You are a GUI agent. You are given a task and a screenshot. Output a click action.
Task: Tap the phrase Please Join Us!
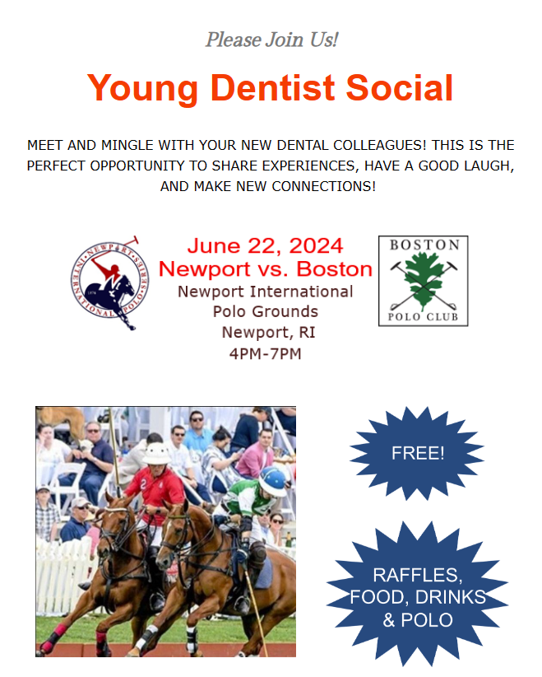click(271, 39)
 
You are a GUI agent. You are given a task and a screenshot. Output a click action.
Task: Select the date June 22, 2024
click(265, 245)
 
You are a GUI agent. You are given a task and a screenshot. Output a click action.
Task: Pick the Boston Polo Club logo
click(423, 281)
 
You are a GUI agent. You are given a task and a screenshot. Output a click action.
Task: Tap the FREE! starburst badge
click(418, 453)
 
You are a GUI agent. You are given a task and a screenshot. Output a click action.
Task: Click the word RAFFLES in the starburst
click(418, 575)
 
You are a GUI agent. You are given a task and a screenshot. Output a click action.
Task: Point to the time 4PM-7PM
click(265, 354)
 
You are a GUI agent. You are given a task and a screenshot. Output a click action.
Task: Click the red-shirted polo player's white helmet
click(155, 452)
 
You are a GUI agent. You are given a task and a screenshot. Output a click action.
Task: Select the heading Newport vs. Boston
click(265, 268)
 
